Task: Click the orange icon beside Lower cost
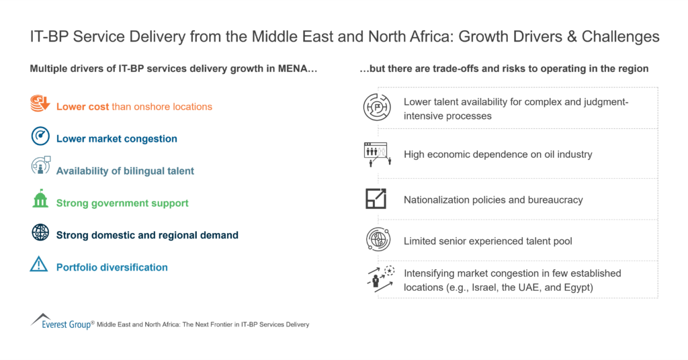pyautogui.click(x=40, y=105)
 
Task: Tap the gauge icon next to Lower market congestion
pyautogui.click(x=40, y=136)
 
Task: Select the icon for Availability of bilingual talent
pyautogui.click(x=40, y=167)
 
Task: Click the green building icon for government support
pyautogui.click(x=40, y=199)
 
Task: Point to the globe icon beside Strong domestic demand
pyautogui.click(x=40, y=232)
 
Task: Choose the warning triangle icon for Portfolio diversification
pyautogui.click(x=40, y=265)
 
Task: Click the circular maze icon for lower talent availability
pyautogui.click(x=376, y=107)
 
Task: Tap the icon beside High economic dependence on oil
pyautogui.click(x=376, y=154)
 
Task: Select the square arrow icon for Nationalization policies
pyautogui.click(x=376, y=199)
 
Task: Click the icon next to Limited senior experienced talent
pyautogui.click(x=376, y=240)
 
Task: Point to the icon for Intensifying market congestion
pyautogui.click(x=377, y=279)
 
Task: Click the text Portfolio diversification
pyautogui.click(x=112, y=267)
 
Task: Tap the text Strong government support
pyautogui.click(x=122, y=203)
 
